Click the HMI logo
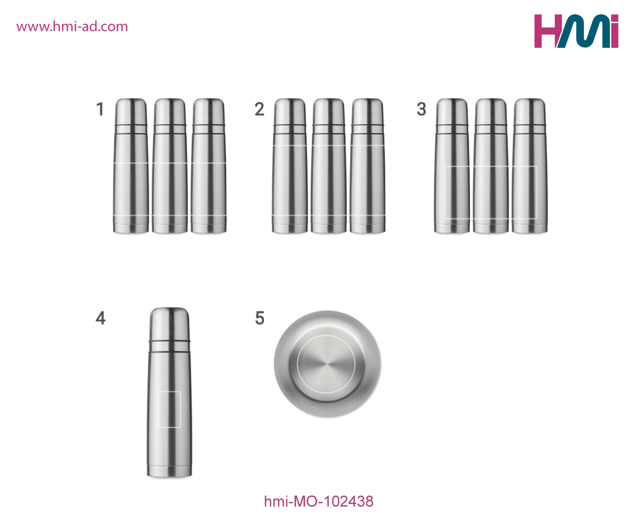[x=576, y=31]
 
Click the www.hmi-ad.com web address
[x=72, y=27]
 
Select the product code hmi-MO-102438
[x=319, y=502]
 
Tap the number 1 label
[x=101, y=109]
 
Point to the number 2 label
[x=260, y=109]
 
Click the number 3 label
[x=421, y=109]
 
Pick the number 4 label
[x=101, y=318]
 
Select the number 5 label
[x=260, y=318]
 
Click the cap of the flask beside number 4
[x=170, y=323]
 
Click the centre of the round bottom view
[x=326, y=364]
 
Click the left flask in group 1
[x=131, y=166]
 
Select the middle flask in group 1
[x=170, y=166]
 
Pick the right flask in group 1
[x=209, y=166]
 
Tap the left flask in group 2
[x=290, y=166]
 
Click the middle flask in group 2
[x=329, y=166]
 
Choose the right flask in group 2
[x=367, y=166]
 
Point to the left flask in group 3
[x=452, y=166]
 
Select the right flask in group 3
[x=529, y=166]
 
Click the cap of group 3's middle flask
[x=491, y=111]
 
